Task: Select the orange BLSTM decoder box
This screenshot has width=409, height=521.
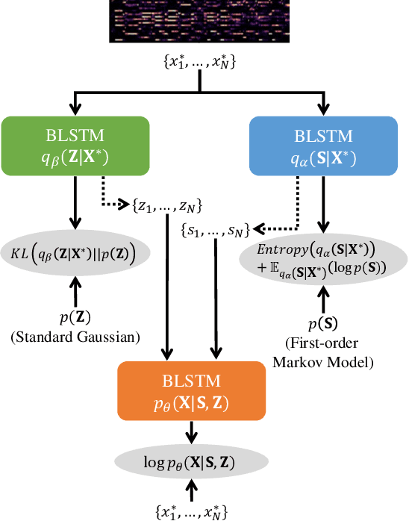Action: click(x=192, y=393)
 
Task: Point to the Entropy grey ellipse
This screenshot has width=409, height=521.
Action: click(x=323, y=258)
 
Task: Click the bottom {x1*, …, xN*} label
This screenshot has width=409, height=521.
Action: click(x=192, y=511)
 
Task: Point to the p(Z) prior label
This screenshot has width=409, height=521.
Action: click(x=75, y=318)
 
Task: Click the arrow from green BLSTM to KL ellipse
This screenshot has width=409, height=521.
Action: click(x=75, y=203)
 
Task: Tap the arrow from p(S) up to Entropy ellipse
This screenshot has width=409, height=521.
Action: click(x=323, y=296)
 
